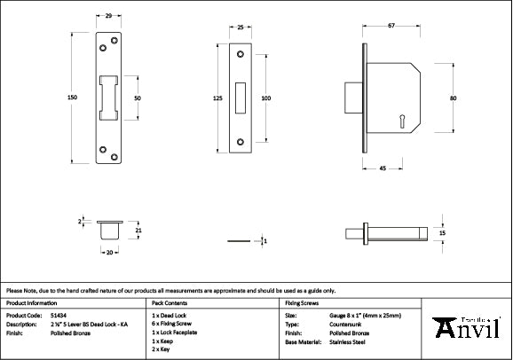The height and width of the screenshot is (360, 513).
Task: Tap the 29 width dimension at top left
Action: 107,16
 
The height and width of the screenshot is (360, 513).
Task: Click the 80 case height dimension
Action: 453,98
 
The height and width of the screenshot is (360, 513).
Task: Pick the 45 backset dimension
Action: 382,168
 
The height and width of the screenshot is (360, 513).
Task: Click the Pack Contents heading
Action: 171,302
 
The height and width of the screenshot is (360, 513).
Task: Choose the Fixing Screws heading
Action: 302,302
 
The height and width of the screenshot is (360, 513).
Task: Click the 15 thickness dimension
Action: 443,232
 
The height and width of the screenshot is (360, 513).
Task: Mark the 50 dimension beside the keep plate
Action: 138,98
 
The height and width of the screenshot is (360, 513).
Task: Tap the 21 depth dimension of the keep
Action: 138,231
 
